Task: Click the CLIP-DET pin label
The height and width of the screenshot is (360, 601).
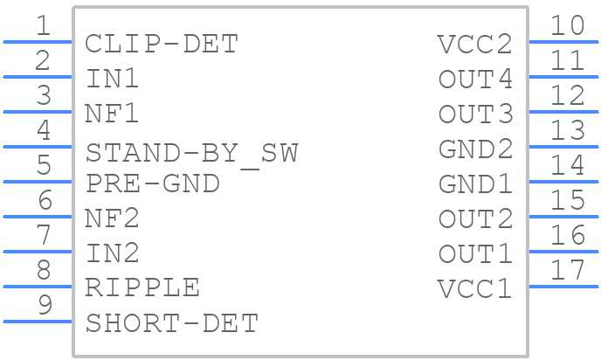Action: point(162,44)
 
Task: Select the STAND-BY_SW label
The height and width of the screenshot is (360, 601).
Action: point(191,154)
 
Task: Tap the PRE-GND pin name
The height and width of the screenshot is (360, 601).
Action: point(153,183)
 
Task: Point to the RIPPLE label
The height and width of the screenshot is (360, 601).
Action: point(142,287)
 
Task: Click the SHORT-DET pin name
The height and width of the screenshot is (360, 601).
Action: point(172,323)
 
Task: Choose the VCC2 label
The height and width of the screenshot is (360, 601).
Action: point(474,44)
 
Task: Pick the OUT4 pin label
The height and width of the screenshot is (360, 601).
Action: point(475,79)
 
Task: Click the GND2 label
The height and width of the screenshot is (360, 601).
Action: point(475,149)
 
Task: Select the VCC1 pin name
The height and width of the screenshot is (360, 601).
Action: point(474,288)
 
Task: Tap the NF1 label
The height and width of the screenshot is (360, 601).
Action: point(112,114)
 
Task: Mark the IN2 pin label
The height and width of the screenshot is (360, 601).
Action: point(113,253)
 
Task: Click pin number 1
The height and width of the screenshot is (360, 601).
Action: point(43,25)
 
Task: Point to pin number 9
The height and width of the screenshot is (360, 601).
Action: point(45,305)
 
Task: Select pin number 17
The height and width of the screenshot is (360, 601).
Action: point(568,269)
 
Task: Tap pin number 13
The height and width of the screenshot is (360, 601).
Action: point(568,130)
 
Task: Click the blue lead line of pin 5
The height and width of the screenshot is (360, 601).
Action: point(38,182)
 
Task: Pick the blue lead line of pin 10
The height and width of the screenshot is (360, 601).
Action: point(563,42)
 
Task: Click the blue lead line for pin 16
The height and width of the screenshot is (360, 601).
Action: point(563,252)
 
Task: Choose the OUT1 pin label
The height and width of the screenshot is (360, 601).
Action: point(475,253)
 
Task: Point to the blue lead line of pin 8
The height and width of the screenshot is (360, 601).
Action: point(38,287)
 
